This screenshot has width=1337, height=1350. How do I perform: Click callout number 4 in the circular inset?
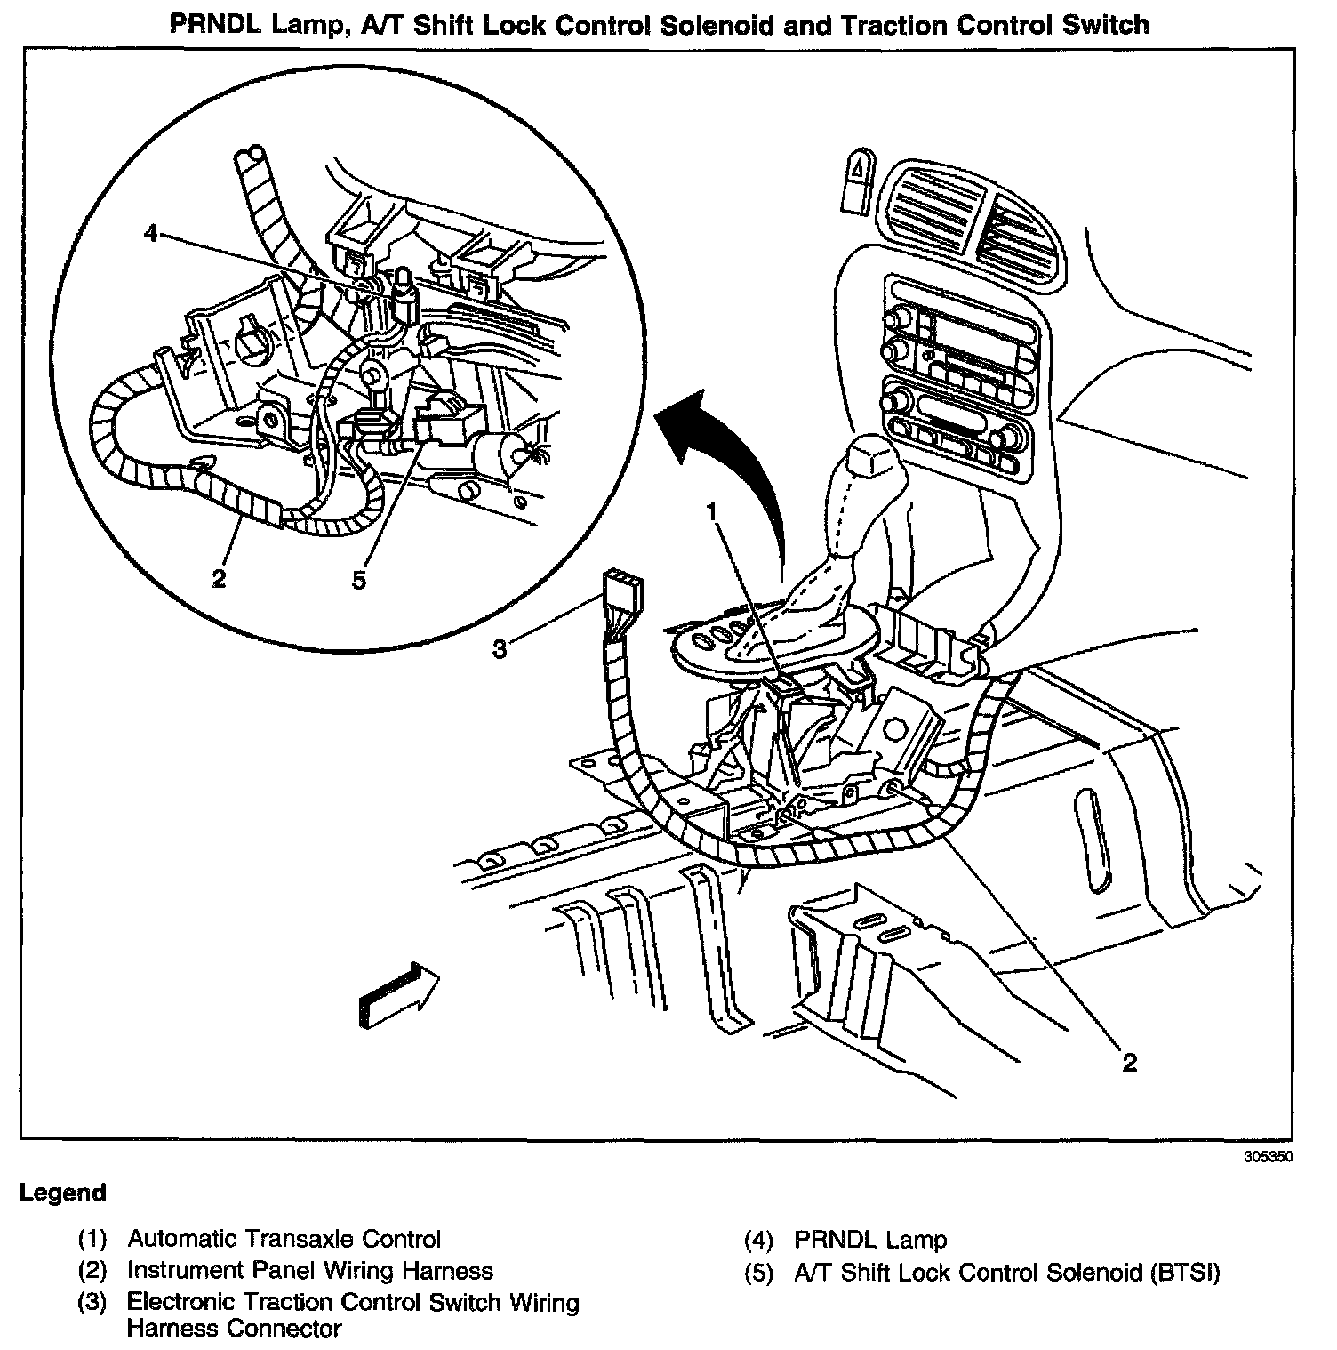click(150, 234)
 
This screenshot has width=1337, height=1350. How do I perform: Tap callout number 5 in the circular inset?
click(358, 580)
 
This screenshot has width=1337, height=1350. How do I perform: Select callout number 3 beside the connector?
click(500, 650)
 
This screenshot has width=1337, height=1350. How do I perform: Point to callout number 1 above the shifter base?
click(711, 510)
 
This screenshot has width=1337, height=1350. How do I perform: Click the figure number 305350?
click(1267, 1158)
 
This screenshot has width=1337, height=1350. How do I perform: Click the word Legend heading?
click(63, 1193)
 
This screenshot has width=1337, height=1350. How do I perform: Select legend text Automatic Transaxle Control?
click(284, 1239)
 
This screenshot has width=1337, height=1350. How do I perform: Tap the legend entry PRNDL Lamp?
click(870, 1240)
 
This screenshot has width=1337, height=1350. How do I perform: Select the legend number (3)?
click(92, 1303)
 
